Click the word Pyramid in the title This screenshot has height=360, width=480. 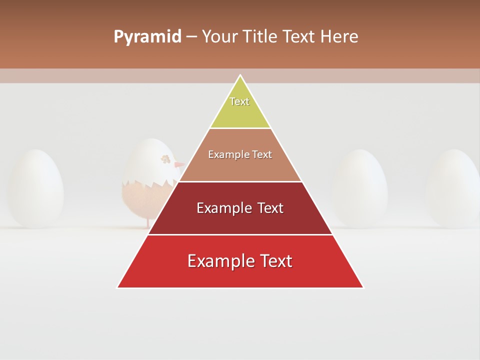click(x=147, y=37)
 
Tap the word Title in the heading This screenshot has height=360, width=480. click(x=262, y=37)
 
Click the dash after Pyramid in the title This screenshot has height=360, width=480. click(x=191, y=37)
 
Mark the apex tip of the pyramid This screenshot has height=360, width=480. click(x=240, y=76)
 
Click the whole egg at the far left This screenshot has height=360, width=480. click(x=35, y=188)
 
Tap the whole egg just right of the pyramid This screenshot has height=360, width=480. click(x=360, y=188)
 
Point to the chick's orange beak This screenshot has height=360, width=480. click(x=179, y=165)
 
